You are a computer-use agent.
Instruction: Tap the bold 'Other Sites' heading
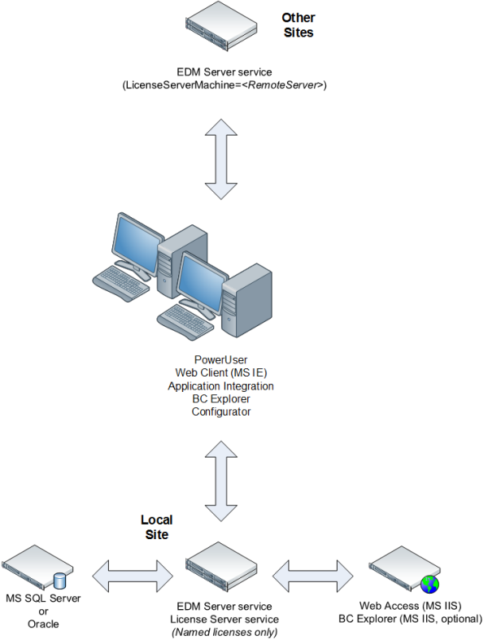click(x=298, y=25)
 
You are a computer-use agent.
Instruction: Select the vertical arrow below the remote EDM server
click(x=221, y=160)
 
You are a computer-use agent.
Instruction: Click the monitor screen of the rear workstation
click(x=136, y=240)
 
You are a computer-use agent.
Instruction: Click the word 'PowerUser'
click(x=220, y=359)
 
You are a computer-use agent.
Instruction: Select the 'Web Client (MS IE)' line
click(x=220, y=372)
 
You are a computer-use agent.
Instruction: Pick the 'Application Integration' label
click(x=220, y=385)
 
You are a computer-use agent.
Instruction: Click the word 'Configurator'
click(x=220, y=411)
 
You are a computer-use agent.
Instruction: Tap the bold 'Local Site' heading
click(x=156, y=527)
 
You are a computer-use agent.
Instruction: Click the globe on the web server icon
click(x=429, y=583)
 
